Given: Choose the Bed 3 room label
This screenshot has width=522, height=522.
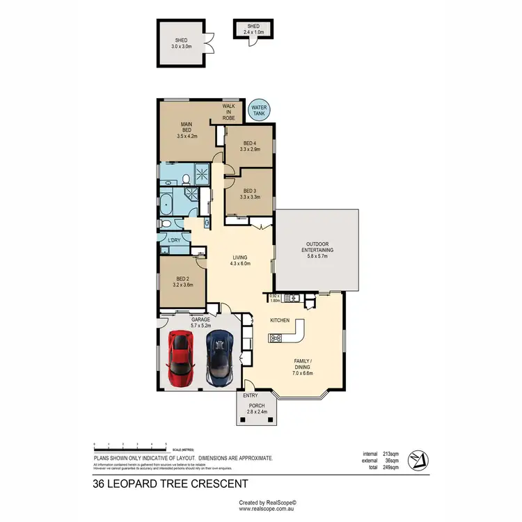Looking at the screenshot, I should tap(250, 193).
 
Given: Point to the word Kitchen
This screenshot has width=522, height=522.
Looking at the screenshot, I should tap(280, 320).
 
